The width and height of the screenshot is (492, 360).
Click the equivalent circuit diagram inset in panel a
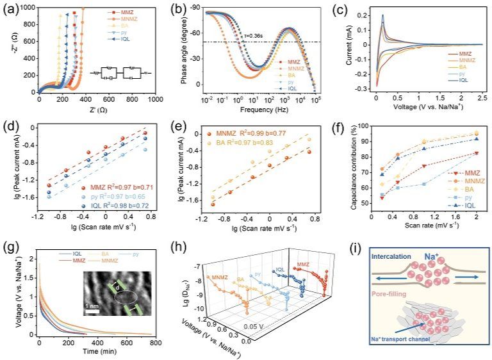[114, 72]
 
